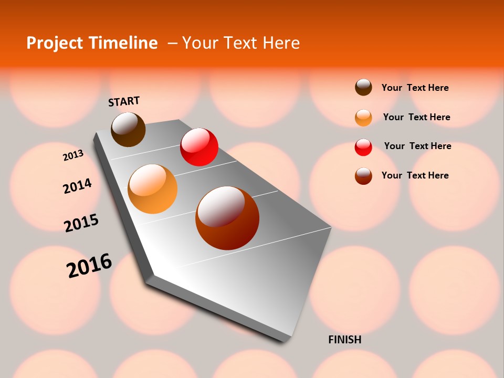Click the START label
click(124, 101)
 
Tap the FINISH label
click(344, 340)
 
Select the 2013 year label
click(73, 155)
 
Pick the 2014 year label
click(77, 186)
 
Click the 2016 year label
click(89, 266)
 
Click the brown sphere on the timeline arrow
click(128, 129)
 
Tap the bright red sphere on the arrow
click(199, 147)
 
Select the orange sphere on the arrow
click(153, 189)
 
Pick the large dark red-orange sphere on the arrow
click(227, 218)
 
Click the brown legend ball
click(363, 88)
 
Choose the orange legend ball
click(363, 118)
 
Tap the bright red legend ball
click(363, 147)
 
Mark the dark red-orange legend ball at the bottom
click(363, 176)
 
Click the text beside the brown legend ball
click(415, 88)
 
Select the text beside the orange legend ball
click(416, 117)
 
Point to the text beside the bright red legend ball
click(417, 146)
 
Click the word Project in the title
click(56, 43)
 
